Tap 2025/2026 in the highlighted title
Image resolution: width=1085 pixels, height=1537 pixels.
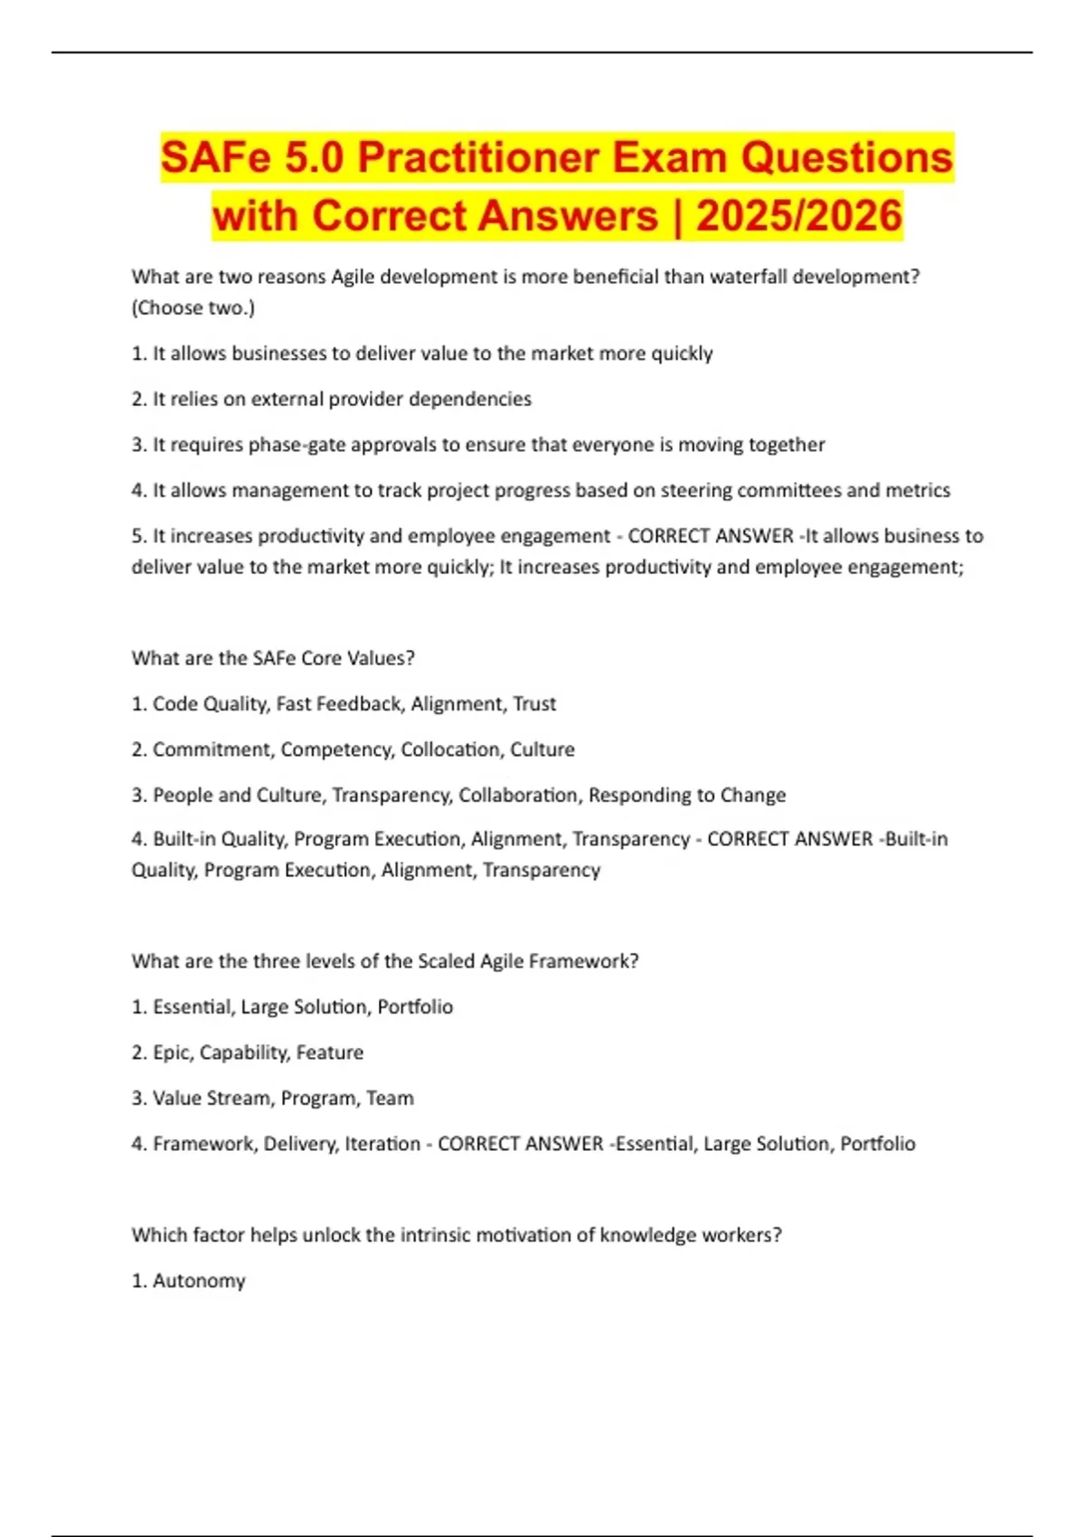coord(799,216)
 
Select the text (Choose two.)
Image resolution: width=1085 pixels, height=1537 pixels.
coord(193,307)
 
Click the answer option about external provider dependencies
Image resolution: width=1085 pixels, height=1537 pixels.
coord(332,399)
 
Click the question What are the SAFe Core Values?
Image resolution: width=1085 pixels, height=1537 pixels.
coord(273,658)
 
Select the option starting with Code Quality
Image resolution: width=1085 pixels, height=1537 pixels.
coord(344,703)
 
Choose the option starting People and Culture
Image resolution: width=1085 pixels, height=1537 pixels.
coord(458,795)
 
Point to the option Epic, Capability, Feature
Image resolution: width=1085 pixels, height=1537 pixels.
coord(248,1052)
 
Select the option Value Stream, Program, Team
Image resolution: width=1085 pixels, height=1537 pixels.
coord(272,1098)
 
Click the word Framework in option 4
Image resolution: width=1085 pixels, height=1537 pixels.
coord(205,1144)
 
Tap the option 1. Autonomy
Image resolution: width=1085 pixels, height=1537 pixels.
coord(188,1280)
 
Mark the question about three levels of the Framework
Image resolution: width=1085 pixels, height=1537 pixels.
coord(385,961)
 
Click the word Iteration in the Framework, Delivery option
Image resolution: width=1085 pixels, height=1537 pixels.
coord(382,1144)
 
